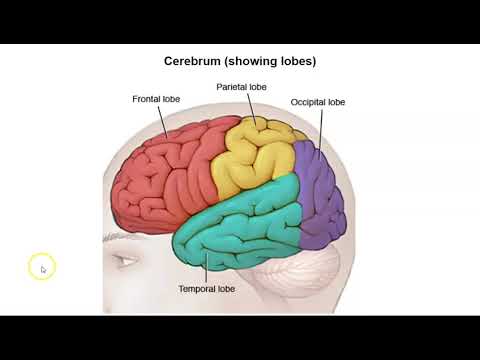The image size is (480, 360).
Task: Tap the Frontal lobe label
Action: pos(156,99)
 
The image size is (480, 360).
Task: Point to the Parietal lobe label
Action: pos(240,87)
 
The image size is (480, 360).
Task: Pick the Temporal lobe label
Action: pos(207,288)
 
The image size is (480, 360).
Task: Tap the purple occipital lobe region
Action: pos(322,195)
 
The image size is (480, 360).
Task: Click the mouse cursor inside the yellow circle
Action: pos(42,268)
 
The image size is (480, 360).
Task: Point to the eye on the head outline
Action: pos(126,262)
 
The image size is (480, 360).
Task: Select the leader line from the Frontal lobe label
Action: pos(164,122)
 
